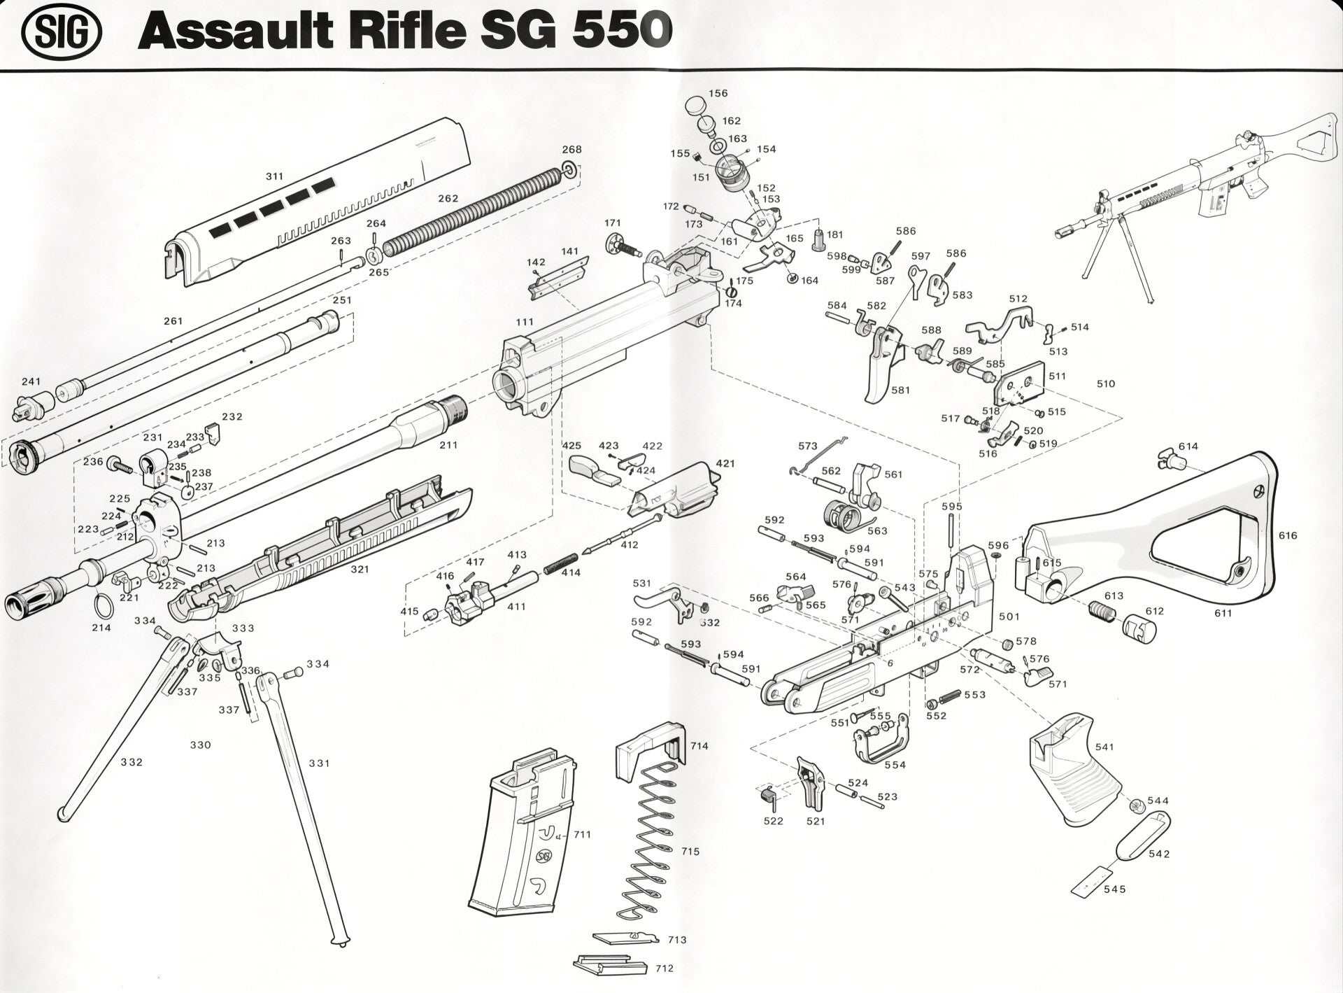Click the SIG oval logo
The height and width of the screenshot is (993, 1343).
62,34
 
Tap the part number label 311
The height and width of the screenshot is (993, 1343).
274,177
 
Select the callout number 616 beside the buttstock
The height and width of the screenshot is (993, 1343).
1287,535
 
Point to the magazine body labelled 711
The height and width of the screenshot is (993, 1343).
521,840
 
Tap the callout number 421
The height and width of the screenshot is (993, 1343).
725,463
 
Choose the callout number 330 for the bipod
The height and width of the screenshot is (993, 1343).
201,745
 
